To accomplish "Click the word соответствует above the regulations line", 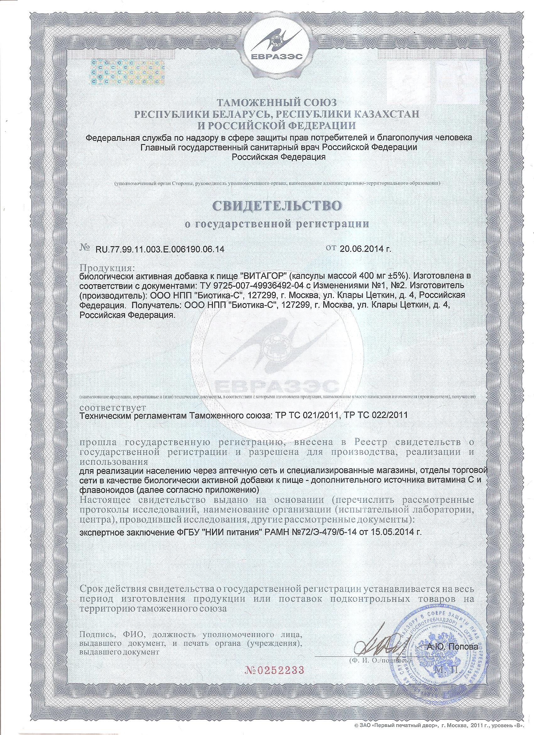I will tap(113, 406).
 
